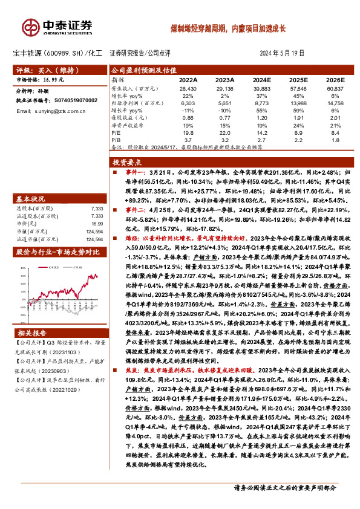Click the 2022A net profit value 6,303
[188, 103]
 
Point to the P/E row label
[116, 132]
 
